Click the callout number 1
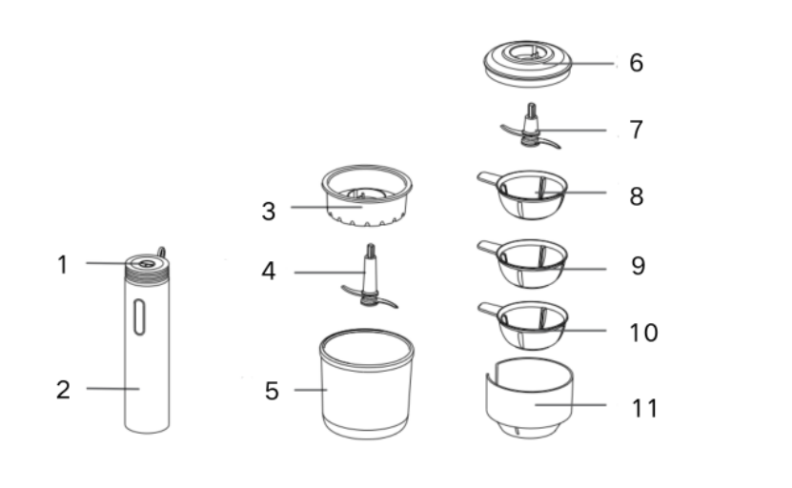coord(62,265)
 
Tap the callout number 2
coord(63,390)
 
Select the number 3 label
coord(269,212)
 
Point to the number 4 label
coord(269,272)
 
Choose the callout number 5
coord(272,391)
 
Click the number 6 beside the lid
coord(637,63)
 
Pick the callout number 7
coord(637,130)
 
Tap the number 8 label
coord(637,196)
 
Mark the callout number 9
coord(638,266)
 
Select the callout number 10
coord(643,333)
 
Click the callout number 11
coord(644,408)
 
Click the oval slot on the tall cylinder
coord(139,317)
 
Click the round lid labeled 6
coord(528,64)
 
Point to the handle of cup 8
coord(488,178)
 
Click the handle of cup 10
coord(488,309)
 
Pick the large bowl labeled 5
coord(367,384)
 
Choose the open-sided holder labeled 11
coord(529,398)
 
